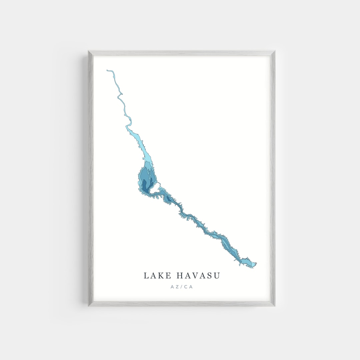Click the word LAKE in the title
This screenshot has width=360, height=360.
coord(158,276)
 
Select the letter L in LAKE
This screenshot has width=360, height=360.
coord(146,276)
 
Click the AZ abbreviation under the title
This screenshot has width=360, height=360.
coord(174,287)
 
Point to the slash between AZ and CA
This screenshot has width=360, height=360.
coord(181,287)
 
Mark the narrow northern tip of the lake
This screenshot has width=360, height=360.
coord(108,70)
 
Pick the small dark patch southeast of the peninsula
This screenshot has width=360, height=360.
coord(168,199)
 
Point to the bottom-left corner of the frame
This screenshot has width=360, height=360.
coord(89,305)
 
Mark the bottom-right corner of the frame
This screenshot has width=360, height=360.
coord(274,305)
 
